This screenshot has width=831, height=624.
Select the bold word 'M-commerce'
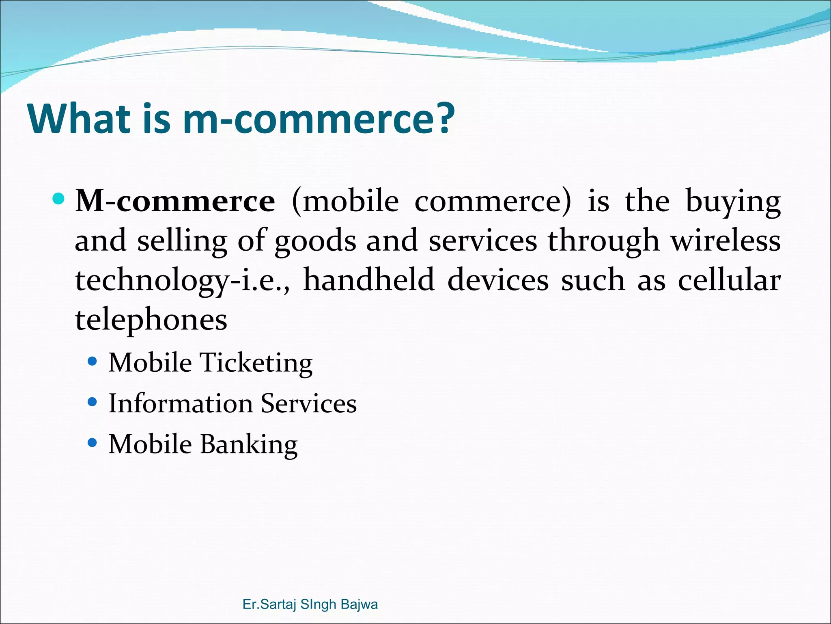(175, 201)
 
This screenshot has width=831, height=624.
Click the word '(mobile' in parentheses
(345, 201)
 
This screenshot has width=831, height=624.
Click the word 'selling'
(181, 241)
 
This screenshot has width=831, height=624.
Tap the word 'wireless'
(725, 241)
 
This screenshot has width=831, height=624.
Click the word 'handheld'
(369, 280)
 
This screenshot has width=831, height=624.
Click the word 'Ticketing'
(256, 363)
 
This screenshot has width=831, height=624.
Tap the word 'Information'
(181, 403)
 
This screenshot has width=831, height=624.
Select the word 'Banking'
(249, 444)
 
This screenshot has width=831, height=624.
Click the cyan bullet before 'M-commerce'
(59, 199)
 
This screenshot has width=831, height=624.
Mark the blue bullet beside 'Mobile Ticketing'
(93, 361)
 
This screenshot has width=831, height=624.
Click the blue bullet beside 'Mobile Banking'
(93, 442)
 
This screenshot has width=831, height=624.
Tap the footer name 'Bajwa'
(359, 604)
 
